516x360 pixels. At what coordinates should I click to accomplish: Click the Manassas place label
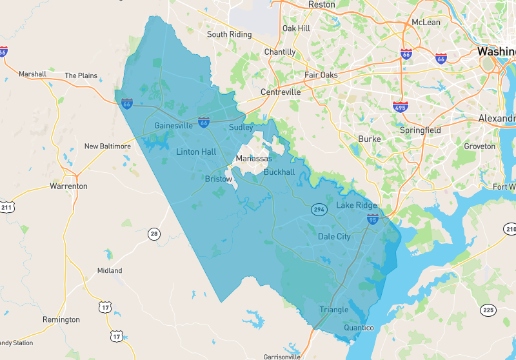254,159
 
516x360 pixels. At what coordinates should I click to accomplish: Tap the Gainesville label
173,126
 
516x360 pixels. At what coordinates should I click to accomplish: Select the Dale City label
334,237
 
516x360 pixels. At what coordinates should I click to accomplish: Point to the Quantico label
359,328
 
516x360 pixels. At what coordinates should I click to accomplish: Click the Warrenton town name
68,186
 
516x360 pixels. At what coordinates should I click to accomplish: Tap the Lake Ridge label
357,205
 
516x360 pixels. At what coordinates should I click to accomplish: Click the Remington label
61,320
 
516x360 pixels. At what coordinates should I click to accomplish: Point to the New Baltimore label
107,146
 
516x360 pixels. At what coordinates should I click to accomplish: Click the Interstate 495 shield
400,106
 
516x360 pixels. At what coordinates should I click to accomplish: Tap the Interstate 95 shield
372,220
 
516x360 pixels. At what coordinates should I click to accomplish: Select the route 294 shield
319,210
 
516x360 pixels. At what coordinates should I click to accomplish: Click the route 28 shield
154,234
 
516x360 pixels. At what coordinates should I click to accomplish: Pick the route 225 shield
487,311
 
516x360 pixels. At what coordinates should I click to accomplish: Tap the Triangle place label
333,310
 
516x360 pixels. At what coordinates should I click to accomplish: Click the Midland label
110,271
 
